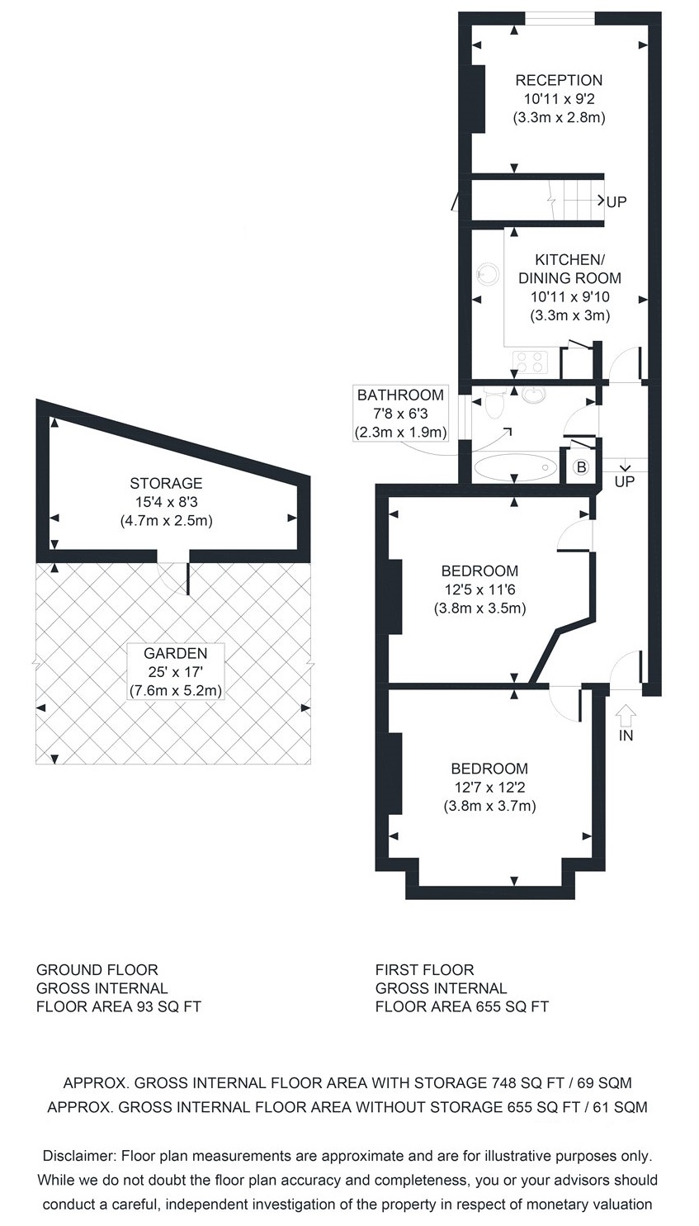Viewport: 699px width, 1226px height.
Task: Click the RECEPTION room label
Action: click(x=559, y=80)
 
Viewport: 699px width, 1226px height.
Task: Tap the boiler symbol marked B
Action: click(x=582, y=467)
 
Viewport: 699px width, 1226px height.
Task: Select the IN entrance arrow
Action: click(x=626, y=713)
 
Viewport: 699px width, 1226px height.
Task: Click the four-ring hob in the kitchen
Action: click(x=530, y=362)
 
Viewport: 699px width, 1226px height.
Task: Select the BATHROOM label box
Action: click(x=400, y=414)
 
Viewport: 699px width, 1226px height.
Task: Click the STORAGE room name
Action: click(x=166, y=483)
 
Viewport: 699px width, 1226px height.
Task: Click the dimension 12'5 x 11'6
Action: click(x=479, y=590)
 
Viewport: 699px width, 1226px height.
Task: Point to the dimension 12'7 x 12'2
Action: click(x=489, y=788)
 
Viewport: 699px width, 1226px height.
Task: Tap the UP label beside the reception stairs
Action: click(x=616, y=202)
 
